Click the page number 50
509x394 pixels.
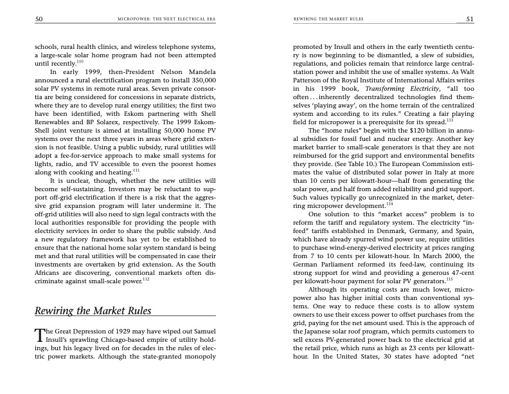(x=39, y=19)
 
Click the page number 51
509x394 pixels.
(x=470, y=19)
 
